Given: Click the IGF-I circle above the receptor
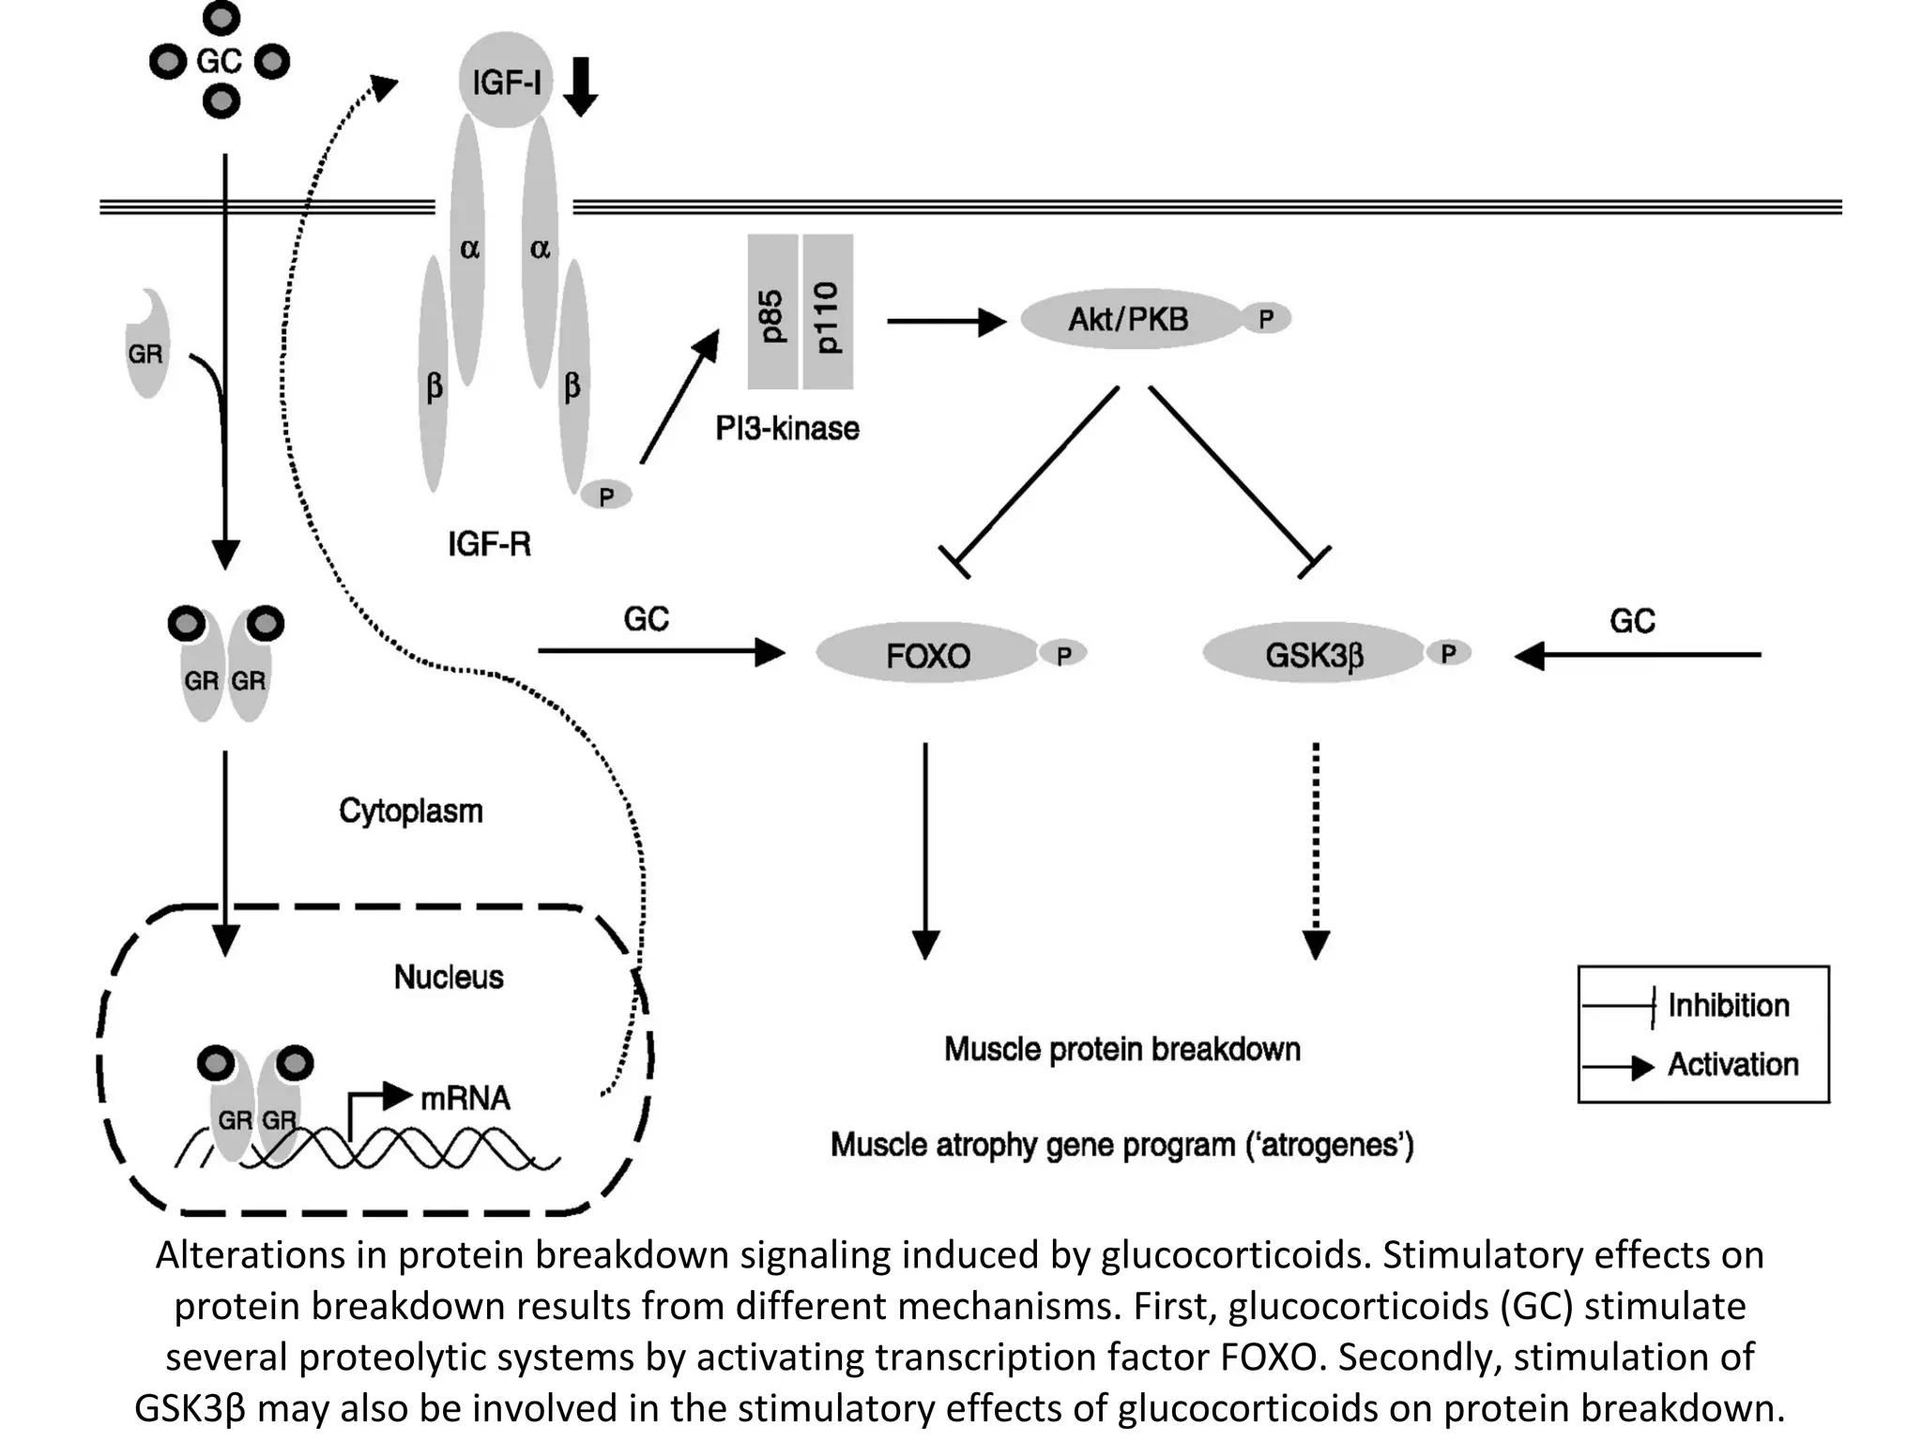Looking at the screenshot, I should tap(506, 82).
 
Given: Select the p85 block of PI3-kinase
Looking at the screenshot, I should tap(772, 312).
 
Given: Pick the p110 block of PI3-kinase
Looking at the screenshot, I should tap(828, 312).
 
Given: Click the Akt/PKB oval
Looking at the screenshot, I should tap(1129, 320).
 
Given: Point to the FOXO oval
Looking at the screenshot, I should tap(928, 655).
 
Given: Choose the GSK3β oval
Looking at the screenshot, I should tap(1314, 655).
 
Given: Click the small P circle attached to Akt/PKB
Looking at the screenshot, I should tap(1266, 319).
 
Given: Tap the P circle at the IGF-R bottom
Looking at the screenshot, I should tap(606, 494).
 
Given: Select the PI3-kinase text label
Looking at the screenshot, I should tap(787, 429).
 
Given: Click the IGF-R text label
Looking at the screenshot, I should tap(489, 544).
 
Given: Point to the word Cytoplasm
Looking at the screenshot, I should tap(411, 812).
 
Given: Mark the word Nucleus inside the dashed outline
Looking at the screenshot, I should tap(449, 978).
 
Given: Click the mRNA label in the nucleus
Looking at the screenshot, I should tap(465, 1098).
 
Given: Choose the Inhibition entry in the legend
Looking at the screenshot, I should tap(1728, 1006).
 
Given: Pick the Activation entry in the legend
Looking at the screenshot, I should tap(1732, 1065).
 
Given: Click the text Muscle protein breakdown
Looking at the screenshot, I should tap(1122, 1049).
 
